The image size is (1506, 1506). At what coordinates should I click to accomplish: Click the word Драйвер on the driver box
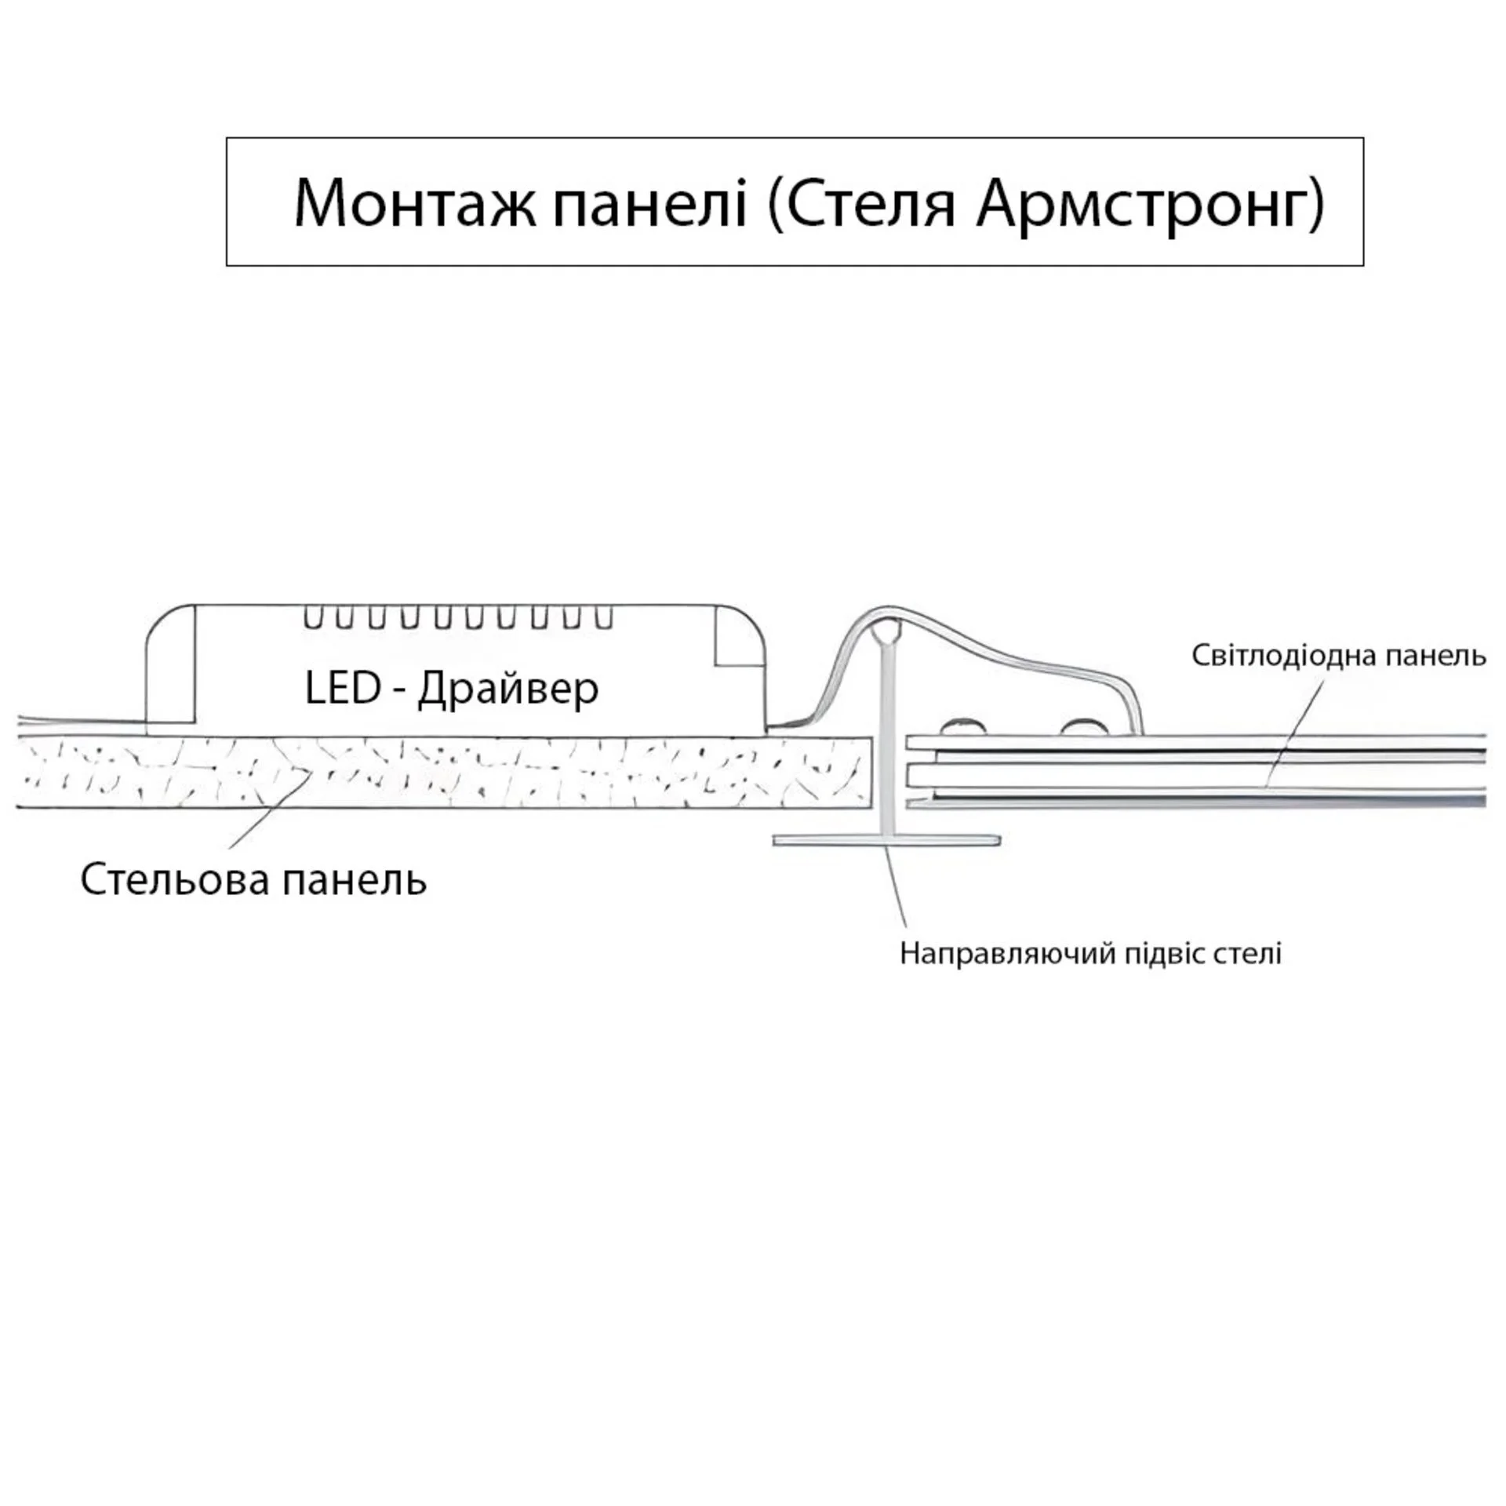(x=507, y=689)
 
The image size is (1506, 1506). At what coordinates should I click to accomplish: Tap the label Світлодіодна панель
(x=1338, y=655)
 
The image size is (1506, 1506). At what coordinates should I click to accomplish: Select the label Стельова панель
(x=253, y=880)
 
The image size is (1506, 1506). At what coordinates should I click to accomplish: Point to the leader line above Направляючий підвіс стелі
(x=897, y=886)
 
